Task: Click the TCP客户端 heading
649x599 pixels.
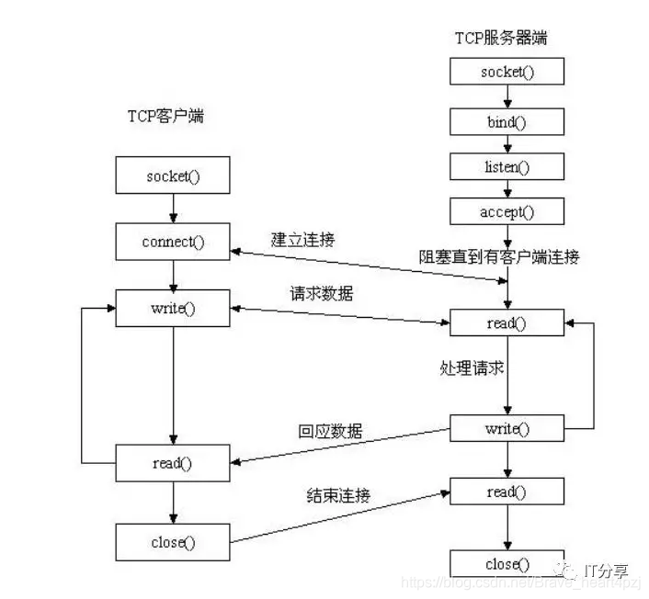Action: point(166,118)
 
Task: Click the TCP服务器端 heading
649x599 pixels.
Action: point(502,38)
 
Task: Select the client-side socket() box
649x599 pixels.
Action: point(172,175)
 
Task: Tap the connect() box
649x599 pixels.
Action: point(172,242)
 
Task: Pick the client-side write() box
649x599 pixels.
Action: point(172,308)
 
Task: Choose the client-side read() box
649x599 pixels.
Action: point(172,463)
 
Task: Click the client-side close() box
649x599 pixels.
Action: point(172,541)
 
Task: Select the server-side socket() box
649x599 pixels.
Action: point(507,72)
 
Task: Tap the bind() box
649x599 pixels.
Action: point(507,120)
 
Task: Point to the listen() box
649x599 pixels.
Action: point(507,166)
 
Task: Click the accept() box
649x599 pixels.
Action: point(507,212)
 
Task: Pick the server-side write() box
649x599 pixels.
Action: point(507,428)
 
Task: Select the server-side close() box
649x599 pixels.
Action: point(507,563)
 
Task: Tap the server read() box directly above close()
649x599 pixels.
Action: point(507,492)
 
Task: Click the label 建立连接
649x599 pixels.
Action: point(302,240)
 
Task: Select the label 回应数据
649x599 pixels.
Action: point(330,431)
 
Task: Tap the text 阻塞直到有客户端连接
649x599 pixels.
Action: point(512,257)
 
